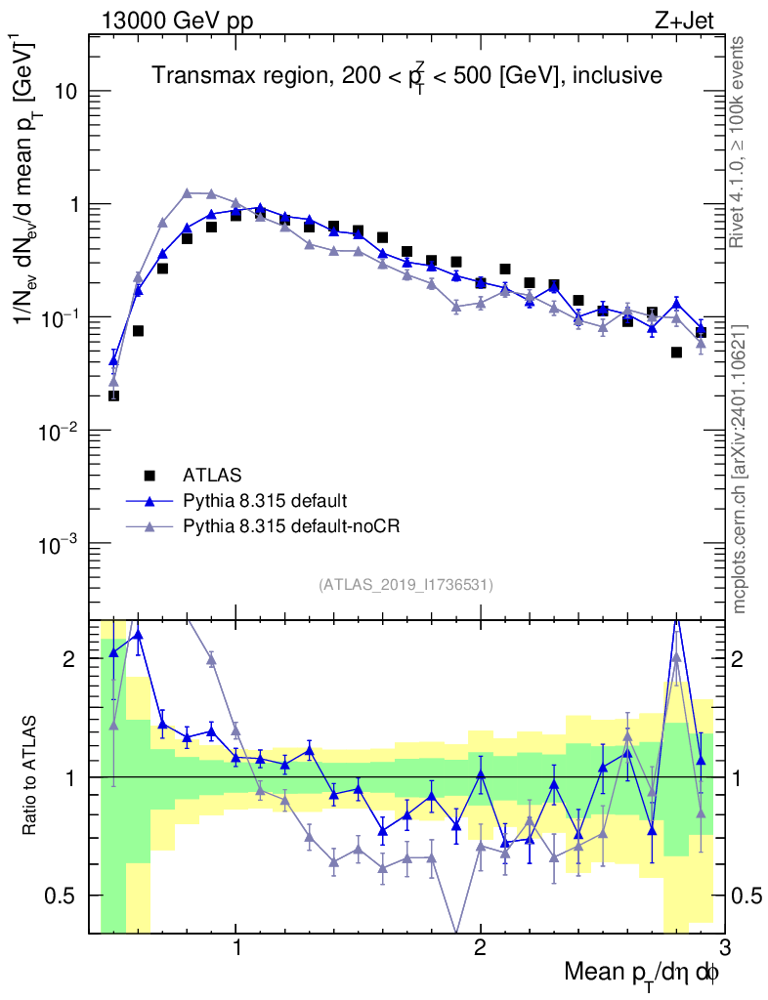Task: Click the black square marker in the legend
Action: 149,476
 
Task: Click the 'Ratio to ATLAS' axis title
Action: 32,776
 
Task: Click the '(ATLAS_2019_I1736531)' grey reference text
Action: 405,585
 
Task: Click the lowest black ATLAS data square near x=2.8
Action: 676,353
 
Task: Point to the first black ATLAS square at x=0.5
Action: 113,396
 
